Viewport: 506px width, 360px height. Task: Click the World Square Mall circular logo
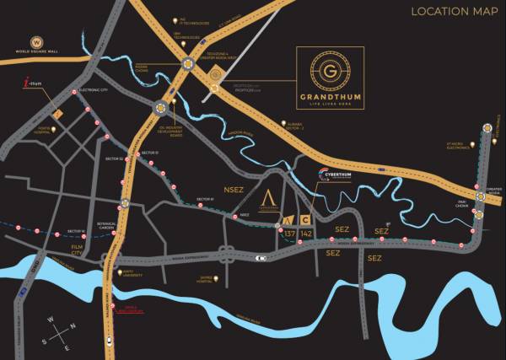click(x=36, y=42)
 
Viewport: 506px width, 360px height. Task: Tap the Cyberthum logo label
click(x=337, y=175)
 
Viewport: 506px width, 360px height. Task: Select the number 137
click(x=290, y=232)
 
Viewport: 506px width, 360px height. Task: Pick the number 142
click(x=306, y=232)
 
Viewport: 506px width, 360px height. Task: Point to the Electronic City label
click(x=94, y=95)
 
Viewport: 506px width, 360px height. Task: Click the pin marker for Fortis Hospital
click(x=53, y=127)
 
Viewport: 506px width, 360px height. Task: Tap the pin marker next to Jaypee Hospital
click(x=218, y=278)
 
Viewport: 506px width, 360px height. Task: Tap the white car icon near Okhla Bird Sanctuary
click(x=110, y=341)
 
